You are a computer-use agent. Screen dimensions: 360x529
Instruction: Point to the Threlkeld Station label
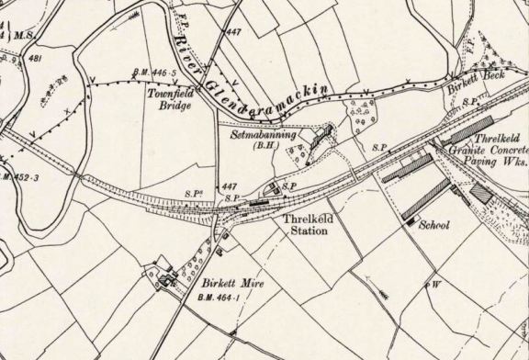pos(304,226)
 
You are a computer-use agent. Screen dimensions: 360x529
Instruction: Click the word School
pos(433,225)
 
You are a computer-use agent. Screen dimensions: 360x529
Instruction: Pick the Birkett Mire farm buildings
pos(168,278)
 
